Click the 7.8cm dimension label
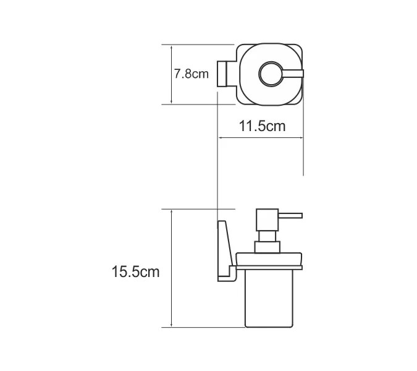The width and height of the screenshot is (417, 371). [x=192, y=74]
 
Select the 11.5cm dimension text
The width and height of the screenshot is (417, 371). [x=261, y=126]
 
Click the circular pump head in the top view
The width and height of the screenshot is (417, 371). [x=270, y=75]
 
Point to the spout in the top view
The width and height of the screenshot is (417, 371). [x=293, y=75]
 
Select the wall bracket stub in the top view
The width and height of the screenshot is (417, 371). [x=224, y=75]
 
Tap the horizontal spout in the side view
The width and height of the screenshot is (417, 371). [x=289, y=216]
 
